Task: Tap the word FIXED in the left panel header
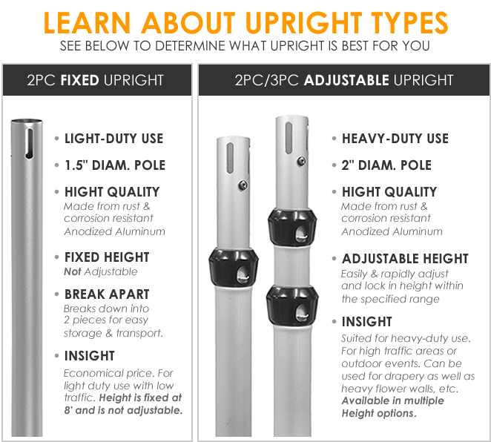[x=80, y=80]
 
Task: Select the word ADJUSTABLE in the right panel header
[x=346, y=80]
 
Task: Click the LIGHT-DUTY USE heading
[x=113, y=139]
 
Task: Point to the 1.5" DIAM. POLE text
[x=115, y=165]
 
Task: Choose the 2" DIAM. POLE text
[x=386, y=165]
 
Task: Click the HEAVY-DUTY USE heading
[x=395, y=139]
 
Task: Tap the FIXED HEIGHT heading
[x=107, y=257]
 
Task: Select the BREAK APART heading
[x=107, y=294]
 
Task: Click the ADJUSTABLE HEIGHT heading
[x=405, y=259]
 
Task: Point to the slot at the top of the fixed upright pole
[x=29, y=144]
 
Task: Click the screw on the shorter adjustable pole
[x=243, y=185]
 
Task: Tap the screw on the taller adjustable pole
[x=302, y=162]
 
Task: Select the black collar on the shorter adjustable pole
[x=234, y=267]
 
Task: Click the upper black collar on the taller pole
[x=292, y=227]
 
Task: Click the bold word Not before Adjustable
[x=73, y=271]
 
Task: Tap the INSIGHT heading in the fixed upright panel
[x=90, y=356]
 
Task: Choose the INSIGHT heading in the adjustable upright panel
[x=366, y=322]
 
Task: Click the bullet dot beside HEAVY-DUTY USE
[x=334, y=139]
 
